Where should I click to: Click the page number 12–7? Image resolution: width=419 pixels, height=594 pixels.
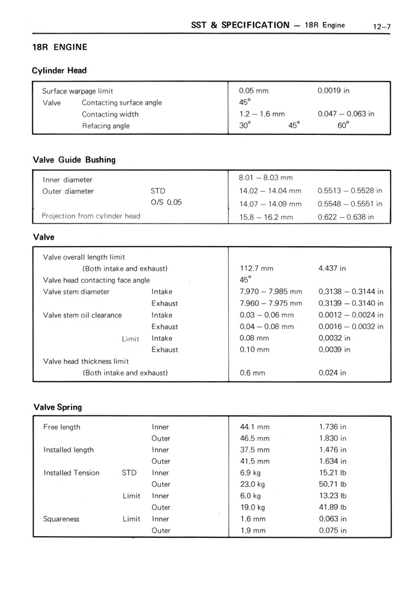[x=381, y=26]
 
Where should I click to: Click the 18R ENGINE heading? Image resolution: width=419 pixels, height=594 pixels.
[x=60, y=47]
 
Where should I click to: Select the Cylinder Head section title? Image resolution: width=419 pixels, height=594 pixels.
[x=59, y=70]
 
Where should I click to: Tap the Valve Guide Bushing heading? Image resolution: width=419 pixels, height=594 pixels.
[x=74, y=160]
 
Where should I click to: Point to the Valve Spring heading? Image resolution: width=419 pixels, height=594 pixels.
[x=58, y=407]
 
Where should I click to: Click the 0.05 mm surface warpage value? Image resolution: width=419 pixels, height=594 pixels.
[x=254, y=91]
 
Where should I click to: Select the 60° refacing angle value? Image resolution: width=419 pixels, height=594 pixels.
[x=343, y=125]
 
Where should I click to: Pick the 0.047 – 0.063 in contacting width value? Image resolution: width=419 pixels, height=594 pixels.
[x=346, y=114]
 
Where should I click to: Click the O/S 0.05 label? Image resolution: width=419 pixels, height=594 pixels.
[x=166, y=202]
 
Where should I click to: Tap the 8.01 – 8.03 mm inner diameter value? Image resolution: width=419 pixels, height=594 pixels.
[x=266, y=177]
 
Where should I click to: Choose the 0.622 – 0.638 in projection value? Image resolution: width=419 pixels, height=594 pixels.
[x=346, y=217]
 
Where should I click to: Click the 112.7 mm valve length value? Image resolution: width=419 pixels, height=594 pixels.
[x=256, y=269]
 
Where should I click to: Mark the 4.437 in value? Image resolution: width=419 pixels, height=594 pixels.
[x=332, y=269]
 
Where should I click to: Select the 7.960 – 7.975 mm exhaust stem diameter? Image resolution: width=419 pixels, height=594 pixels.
[x=271, y=304]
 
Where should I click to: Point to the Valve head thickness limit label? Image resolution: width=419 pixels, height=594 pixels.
[x=86, y=361]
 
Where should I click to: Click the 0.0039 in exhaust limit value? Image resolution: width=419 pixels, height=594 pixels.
[x=334, y=350]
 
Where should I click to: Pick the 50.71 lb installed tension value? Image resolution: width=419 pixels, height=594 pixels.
[x=333, y=484]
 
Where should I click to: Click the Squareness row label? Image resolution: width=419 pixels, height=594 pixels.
[x=61, y=519]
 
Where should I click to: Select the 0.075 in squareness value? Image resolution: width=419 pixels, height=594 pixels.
[x=333, y=531]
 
